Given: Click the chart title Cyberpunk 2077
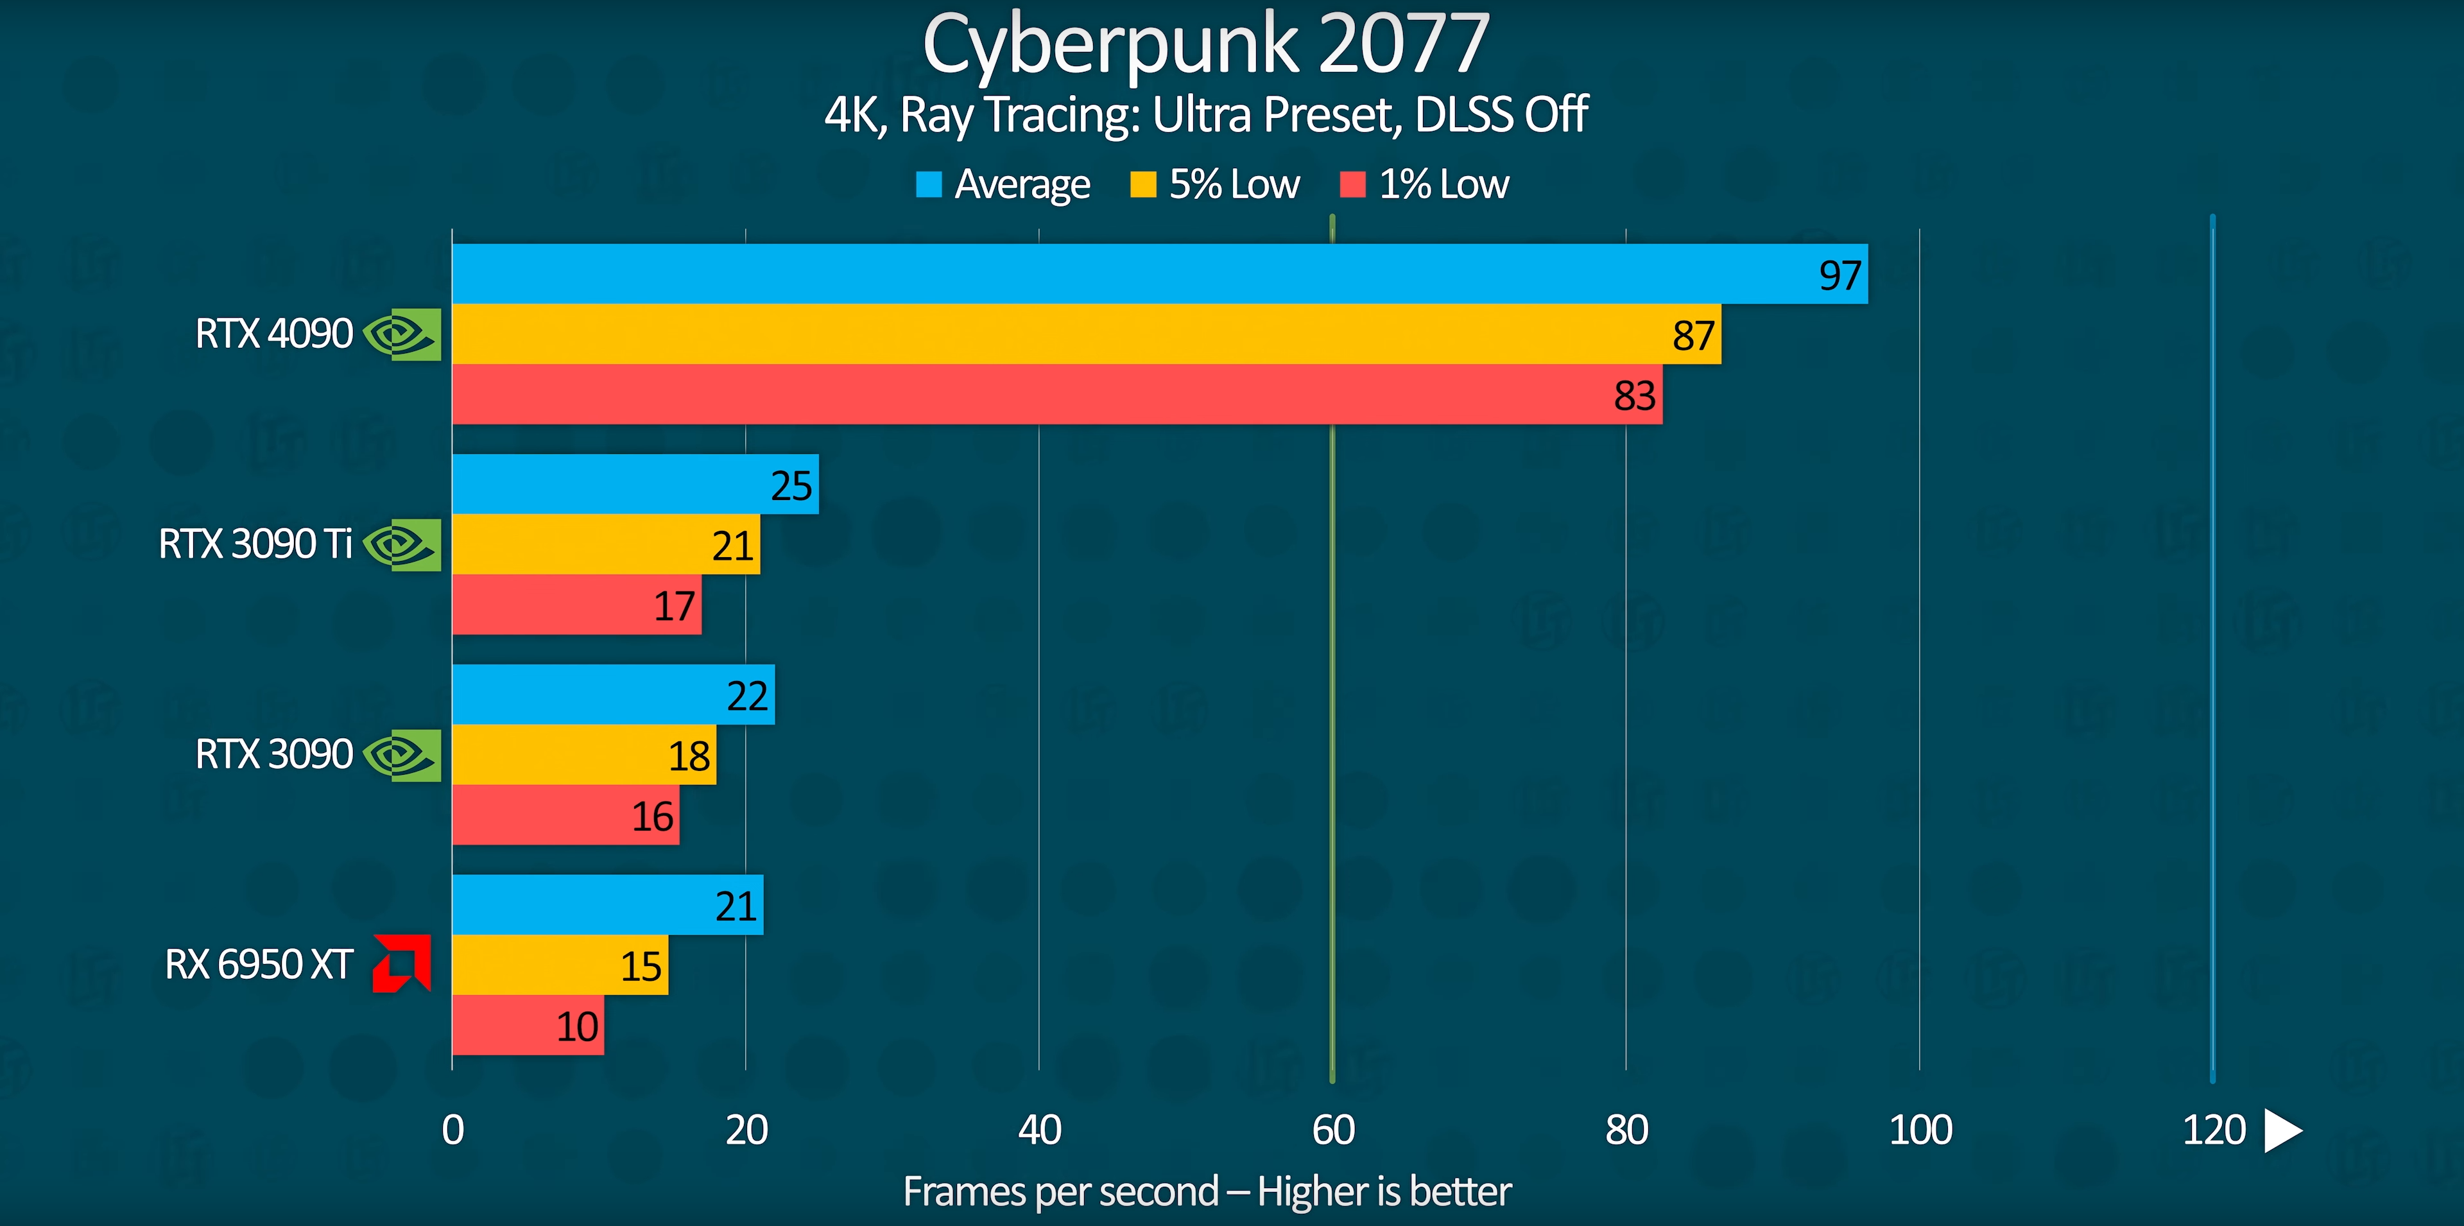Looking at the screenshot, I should (x=1205, y=44).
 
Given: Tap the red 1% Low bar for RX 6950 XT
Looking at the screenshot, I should (x=527, y=1025).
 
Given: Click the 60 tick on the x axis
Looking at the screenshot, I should (x=1332, y=1130).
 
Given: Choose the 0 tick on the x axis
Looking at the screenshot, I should (x=453, y=1130).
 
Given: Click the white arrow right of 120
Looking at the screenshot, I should (x=2283, y=1130).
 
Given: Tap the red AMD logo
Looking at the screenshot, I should (x=402, y=963).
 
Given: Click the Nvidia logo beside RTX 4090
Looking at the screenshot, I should (x=402, y=334).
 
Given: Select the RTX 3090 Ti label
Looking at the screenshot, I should (x=255, y=544).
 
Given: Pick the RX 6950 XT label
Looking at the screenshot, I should (x=259, y=964).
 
